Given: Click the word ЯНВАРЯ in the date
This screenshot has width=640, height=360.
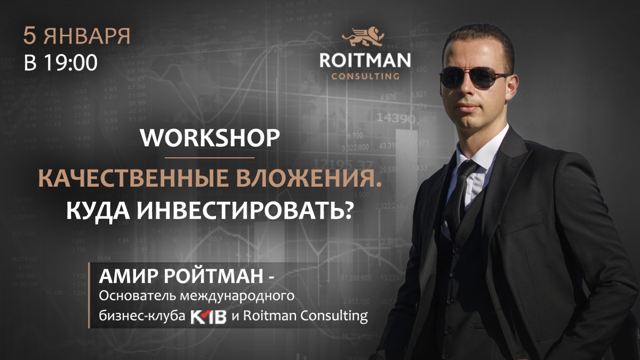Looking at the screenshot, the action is coord(87,36).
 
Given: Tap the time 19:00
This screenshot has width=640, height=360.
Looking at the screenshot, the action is coord(70,63).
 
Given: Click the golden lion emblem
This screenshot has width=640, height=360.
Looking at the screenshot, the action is coord(363,36).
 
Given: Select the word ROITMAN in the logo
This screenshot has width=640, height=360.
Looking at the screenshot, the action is coord(365,60).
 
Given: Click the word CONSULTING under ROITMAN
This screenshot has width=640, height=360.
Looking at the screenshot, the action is coord(365,76).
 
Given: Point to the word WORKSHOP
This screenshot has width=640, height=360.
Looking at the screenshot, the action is coord(210,138).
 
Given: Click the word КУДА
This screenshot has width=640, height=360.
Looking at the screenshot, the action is coord(98,212).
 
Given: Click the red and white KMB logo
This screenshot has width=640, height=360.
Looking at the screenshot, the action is coord(209,316).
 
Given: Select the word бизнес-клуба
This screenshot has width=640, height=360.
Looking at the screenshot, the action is coord(142,316).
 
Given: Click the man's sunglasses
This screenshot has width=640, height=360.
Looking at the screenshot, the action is coord(474,78).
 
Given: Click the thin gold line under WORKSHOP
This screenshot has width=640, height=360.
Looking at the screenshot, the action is coord(210,157).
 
